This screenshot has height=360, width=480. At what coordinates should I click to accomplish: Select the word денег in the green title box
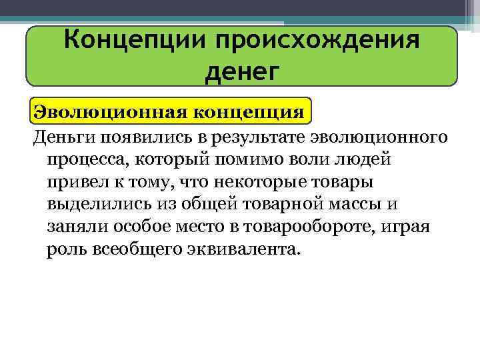241,70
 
